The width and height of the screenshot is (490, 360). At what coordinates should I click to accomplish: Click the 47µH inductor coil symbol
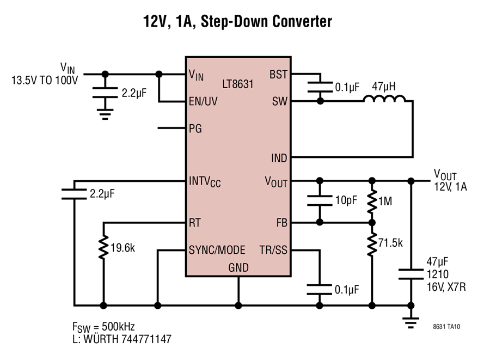click(x=384, y=99)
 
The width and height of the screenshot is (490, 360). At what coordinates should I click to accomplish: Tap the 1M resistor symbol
click(x=372, y=202)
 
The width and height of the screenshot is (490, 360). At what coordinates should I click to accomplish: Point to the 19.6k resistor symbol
click(x=103, y=247)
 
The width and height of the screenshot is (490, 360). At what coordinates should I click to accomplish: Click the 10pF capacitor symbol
click(x=320, y=200)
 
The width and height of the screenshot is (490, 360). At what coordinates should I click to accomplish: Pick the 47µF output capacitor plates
click(x=411, y=274)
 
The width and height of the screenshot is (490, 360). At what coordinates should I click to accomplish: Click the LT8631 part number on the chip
click(x=237, y=84)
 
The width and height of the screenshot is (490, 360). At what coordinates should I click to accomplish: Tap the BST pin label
click(x=278, y=75)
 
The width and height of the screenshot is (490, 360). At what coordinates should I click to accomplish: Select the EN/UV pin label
click(x=203, y=101)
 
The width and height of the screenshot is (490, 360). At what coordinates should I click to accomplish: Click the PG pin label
click(x=195, y=129)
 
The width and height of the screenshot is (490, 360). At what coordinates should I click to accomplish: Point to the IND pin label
click(x=279, y=158)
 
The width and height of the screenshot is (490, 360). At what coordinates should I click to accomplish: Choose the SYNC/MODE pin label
click(x=217, y=250)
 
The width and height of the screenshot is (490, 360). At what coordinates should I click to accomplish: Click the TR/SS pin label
click(x=273, y=250)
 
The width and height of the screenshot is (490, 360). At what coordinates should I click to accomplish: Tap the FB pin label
click(x=281, y=223)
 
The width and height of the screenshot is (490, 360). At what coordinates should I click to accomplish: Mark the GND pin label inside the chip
click(x=238, y=267)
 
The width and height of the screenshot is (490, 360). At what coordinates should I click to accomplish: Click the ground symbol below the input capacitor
click(x=105, y=114)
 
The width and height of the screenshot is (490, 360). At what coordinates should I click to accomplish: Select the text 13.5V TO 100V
click(x=45, y=80)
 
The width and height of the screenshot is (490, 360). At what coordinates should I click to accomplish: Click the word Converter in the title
click(x=302, y=21)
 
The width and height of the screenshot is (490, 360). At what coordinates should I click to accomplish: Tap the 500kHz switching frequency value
click(x=118, y=327)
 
